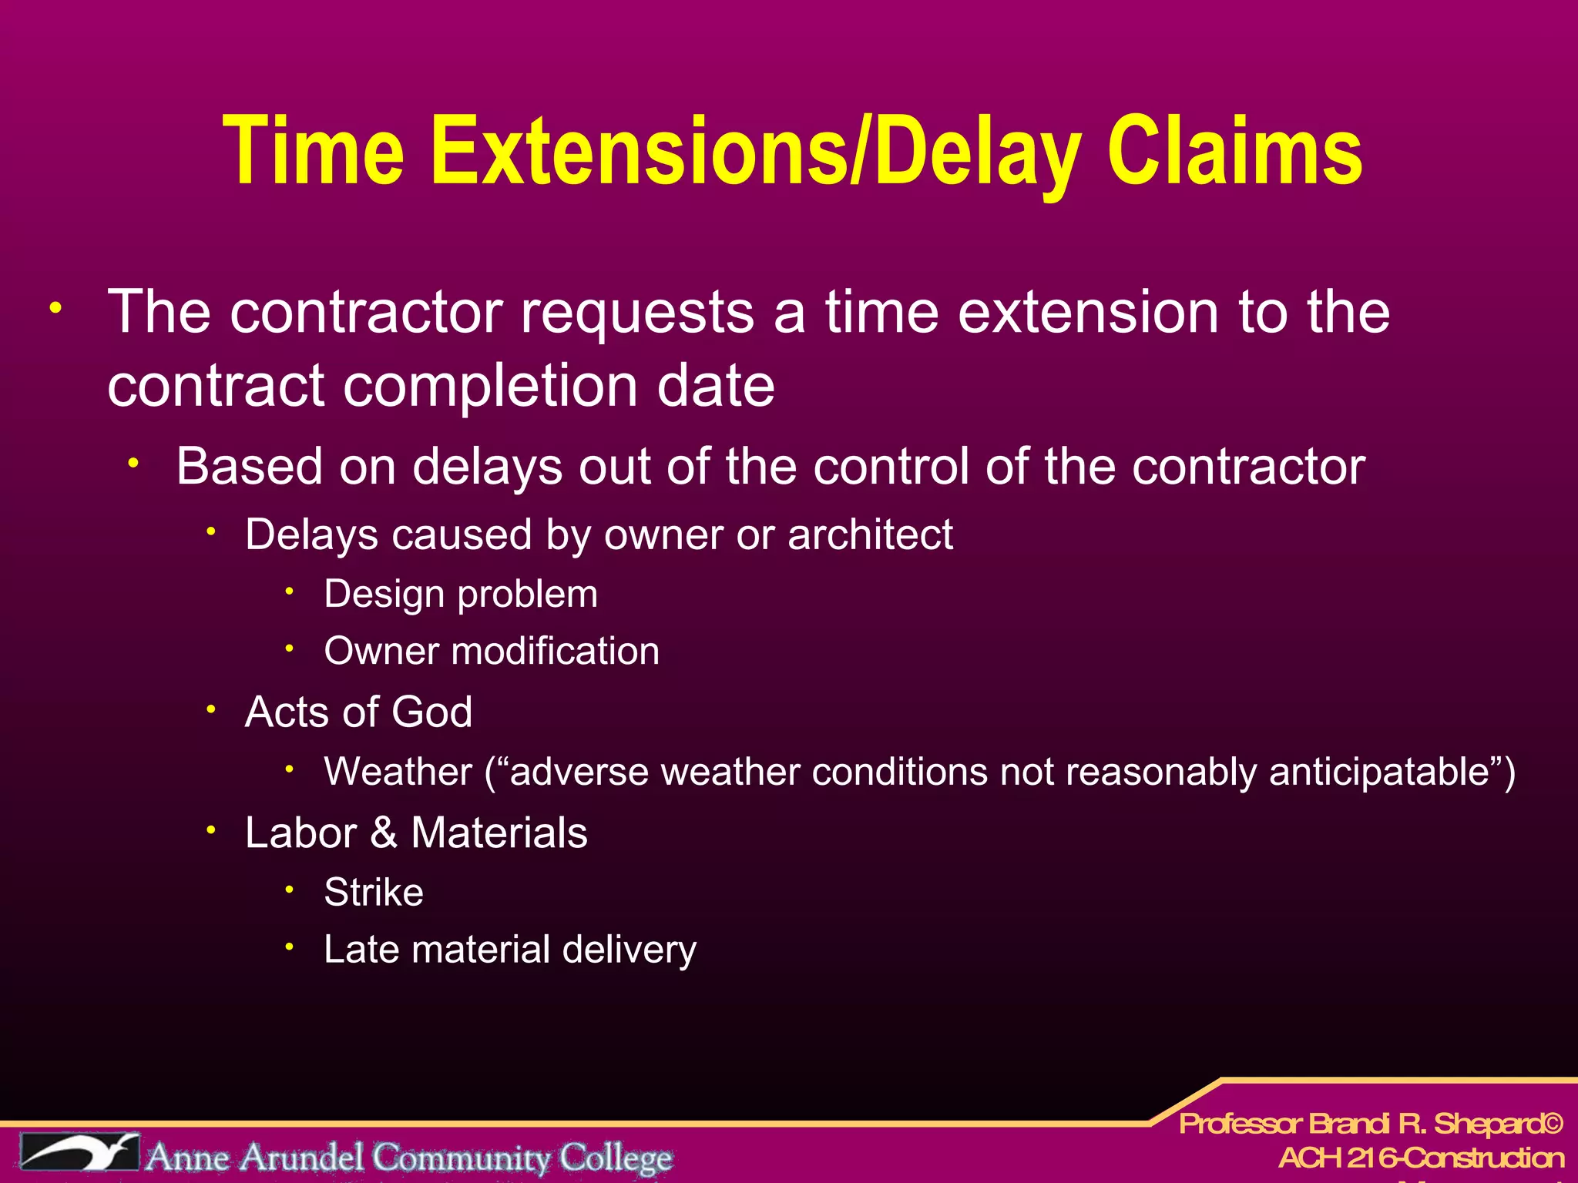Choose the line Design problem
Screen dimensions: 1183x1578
(x=461, y=594)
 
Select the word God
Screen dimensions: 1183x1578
(x=431, y=712)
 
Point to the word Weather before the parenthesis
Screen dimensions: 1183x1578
(x=398, y=772)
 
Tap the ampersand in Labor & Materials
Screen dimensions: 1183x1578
(x=384, y=833)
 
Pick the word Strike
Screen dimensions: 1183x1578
(x=374, y=893)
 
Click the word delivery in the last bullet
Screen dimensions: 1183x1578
(x=629, y=950)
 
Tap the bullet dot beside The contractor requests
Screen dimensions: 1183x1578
(x=55, y=309)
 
